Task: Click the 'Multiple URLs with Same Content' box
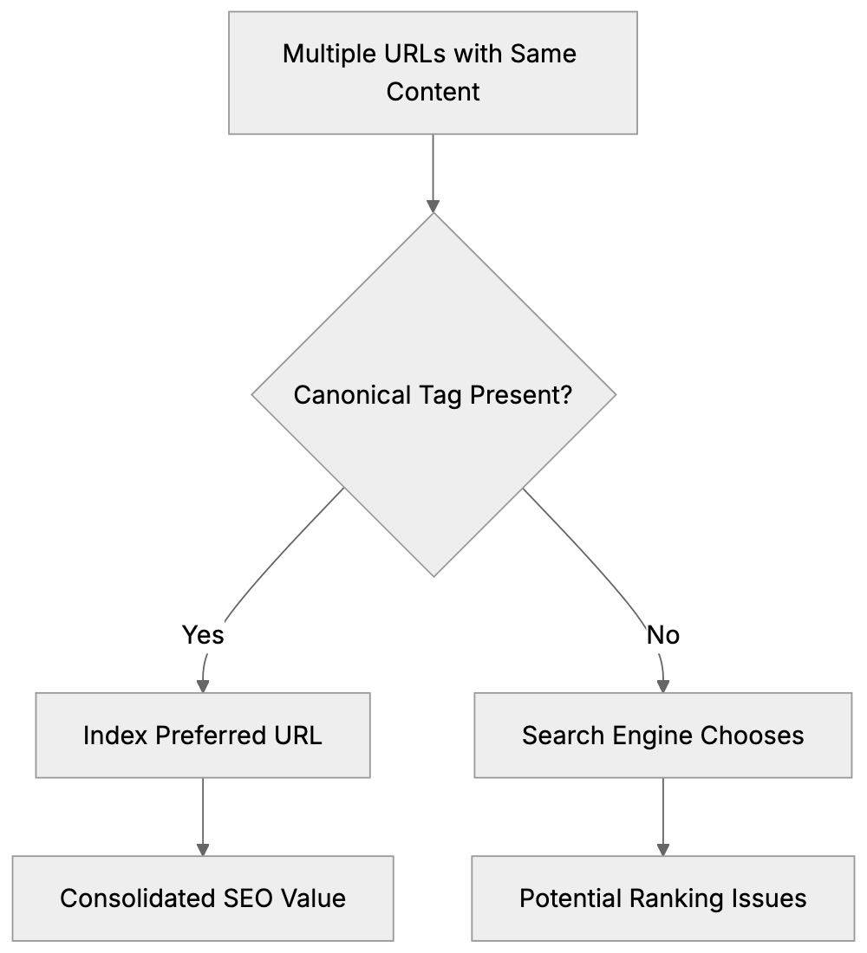click(433, 73)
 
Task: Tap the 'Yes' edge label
click(203, 635)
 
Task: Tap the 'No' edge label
click(663, 635)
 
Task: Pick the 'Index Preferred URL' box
click(203, 735)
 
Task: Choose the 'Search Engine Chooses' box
click(663, 735)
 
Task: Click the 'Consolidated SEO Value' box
click(203, 898)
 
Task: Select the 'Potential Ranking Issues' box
click(663, 898)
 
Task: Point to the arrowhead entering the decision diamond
click(433, 207)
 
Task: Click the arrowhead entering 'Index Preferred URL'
click(203, 685)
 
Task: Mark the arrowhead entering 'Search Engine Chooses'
click(663, 685)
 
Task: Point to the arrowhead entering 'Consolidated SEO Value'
click(203, 849)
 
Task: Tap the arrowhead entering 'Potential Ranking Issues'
click(663, 849)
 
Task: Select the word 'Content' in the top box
click(433, 91)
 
